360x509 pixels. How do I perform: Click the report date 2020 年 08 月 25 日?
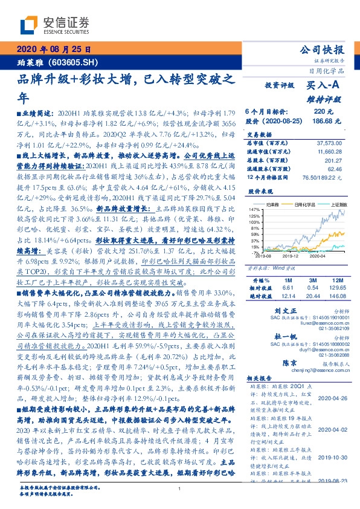(54, 50)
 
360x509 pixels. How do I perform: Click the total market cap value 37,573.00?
(330, 142)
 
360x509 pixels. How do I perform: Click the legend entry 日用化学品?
(300, 205)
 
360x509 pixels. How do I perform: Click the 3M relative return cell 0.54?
(307, 289)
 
